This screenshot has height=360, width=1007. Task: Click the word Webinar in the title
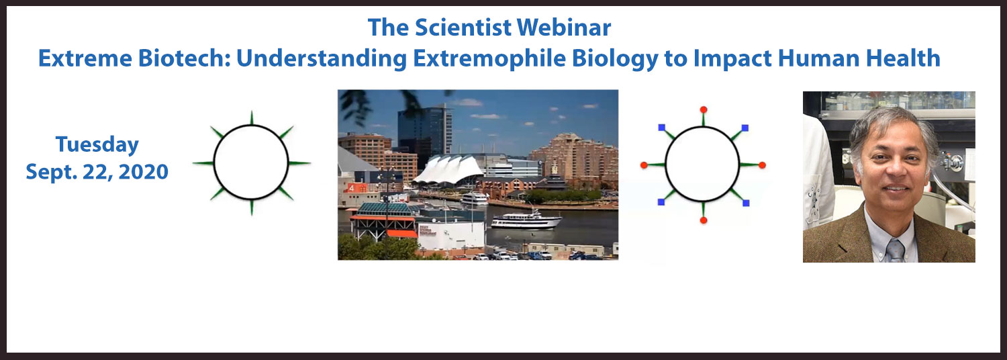(x=564, y=28)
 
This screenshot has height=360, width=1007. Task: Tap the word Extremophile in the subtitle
(x=489, y=59)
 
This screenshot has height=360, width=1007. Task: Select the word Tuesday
(x=97, y=145)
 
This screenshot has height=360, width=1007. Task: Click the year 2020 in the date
(x=144, y=172)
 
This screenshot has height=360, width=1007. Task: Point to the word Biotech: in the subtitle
(x=185, y=58)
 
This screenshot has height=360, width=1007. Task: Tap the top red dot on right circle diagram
(x=704, y=109)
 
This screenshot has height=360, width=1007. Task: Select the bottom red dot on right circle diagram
(x=704, y=220)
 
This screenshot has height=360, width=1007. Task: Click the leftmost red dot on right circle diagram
(x=644, y=165)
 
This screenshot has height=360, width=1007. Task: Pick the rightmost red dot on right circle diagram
(x=762, y=165)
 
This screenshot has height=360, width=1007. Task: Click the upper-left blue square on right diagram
(x=662, y=128)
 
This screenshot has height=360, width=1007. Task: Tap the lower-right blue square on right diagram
(x=746, y=203)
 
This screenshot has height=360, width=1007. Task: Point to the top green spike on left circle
(x=251, y=118)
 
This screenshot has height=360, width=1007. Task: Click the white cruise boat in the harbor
(x=526, y=220)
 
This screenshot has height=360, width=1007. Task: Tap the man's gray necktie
(x=896, y=251)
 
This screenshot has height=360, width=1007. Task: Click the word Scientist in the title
(x=463, y=28)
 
